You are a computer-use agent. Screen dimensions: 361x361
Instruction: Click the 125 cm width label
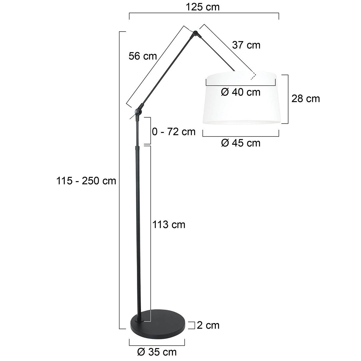click(203, 7)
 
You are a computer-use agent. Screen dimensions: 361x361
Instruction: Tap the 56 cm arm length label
click(143, 56)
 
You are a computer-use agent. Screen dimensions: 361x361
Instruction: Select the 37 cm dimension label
click(246, 45)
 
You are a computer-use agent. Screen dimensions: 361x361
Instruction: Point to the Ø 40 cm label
click(241, 92)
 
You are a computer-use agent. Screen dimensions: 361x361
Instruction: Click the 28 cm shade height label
click(305, 99)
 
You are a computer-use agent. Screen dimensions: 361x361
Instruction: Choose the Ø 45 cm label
click(241, 143)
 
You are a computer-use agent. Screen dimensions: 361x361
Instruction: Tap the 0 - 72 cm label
click(174, 131)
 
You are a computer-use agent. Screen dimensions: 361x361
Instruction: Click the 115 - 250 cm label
click(86, 181)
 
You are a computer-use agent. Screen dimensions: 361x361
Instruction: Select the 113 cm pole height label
click(169, 224)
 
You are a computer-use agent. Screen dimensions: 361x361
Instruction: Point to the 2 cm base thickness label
click(208, 325)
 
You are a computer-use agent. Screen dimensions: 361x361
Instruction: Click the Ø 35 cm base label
click(157, 352)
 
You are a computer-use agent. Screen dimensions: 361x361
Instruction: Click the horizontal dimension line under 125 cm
click(204, 14)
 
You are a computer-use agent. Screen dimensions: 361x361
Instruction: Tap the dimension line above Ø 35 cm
click(157, 345)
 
